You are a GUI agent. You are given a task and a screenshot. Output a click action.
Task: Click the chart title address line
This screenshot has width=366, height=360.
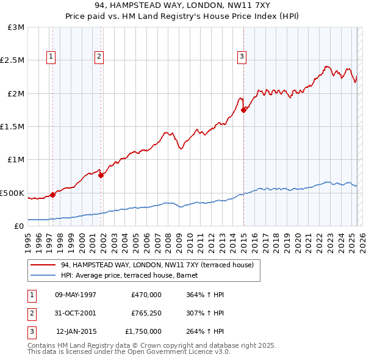click(182, 5)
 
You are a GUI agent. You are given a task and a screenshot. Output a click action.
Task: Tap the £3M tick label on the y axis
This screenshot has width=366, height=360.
click(16, 27)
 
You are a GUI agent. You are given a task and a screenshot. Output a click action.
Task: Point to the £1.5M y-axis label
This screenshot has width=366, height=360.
click(13, 127)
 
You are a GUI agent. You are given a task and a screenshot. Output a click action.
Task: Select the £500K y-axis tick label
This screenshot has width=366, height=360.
click(13, 193)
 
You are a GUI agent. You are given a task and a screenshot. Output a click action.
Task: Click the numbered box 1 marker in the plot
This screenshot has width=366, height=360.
click(51, 57)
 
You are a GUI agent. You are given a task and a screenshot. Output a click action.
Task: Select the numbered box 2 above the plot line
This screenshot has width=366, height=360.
click(99, 57)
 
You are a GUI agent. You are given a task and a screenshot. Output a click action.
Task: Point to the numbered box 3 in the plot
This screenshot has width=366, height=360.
click(242, 57)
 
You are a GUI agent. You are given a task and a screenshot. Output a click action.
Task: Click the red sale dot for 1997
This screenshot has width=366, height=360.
click(53, 195)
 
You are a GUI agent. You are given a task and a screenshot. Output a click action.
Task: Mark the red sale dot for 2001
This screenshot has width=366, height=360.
click(101, 175)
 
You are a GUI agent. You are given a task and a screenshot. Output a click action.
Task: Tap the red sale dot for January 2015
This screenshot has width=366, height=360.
click(243, 110)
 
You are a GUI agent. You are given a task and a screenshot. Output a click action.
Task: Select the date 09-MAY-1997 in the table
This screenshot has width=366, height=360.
click(76, 295)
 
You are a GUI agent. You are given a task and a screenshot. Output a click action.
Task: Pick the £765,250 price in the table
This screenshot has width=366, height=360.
click(146, 313)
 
